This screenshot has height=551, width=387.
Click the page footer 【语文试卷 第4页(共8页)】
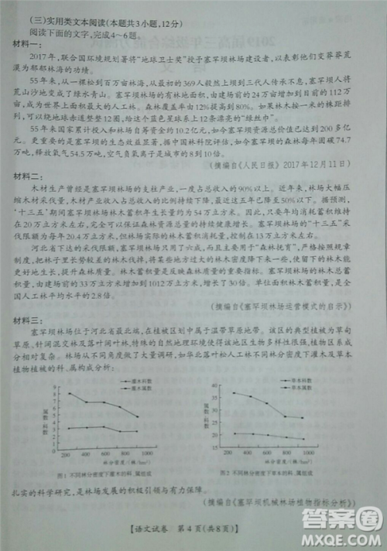[193, 532]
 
